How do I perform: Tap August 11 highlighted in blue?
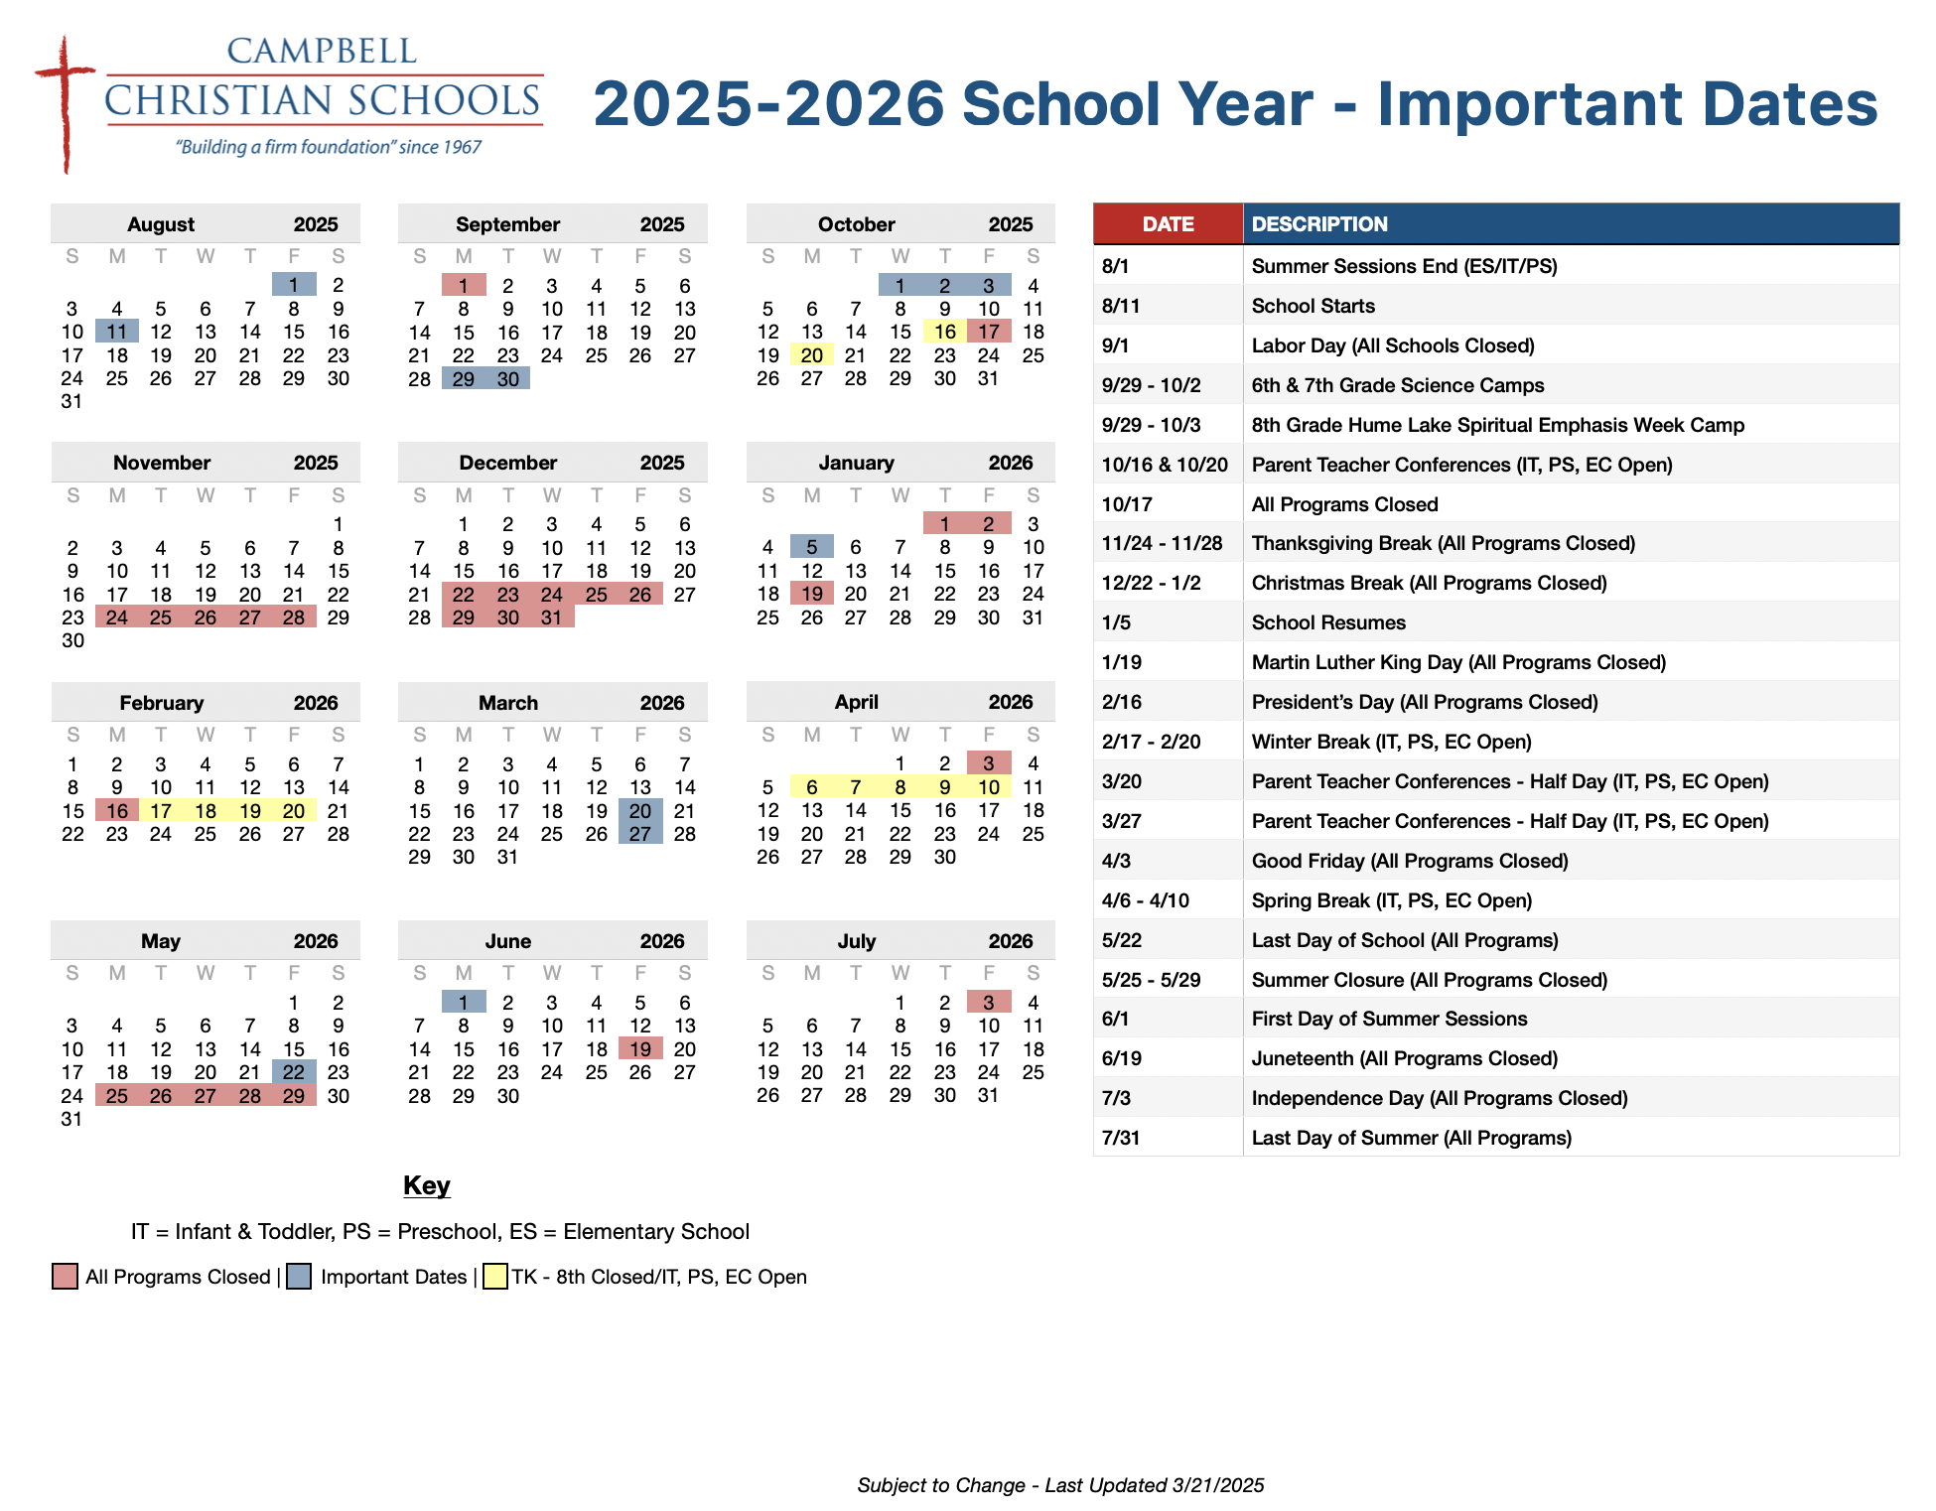117,332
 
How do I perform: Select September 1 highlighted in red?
464,286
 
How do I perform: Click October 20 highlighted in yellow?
812,355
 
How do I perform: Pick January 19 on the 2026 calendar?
812,594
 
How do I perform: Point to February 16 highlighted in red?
117,811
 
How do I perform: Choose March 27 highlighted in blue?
640,834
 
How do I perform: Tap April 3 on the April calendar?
989,763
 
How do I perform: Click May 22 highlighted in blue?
294,1072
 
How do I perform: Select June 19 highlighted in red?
640,1049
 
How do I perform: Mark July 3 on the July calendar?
989,1003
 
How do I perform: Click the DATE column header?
1168,224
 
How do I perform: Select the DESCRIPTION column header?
1319,224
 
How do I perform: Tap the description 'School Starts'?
1313,306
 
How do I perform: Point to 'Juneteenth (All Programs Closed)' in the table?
1404,1058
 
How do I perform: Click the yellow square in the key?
495,1277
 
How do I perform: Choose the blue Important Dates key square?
299,1277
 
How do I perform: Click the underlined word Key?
427,1185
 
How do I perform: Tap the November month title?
162,463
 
